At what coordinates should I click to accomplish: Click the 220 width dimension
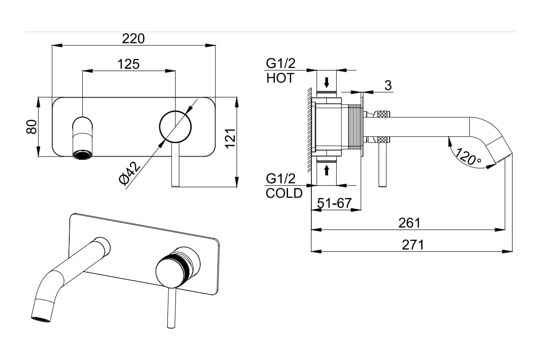[133, 39]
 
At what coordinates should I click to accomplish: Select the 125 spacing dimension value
[129, 64]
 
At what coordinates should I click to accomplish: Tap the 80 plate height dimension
[31, 127]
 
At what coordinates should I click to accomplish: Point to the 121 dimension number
[230, 139]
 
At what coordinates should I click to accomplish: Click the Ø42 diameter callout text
[130, 174]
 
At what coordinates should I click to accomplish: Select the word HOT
[280, 78]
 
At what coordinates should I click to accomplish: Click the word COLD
[284, 193]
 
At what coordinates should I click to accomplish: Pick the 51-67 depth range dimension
[334, 203]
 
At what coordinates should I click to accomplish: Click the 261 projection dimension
[409, 223]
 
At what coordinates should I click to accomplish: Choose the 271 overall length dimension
[413, 245]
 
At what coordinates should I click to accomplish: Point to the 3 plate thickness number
[388, 85]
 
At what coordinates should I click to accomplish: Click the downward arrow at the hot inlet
[327, 82]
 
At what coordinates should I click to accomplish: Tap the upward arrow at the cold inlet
[327, 170]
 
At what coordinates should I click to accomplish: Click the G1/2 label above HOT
[281, 63]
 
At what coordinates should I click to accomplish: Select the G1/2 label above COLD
[281, 179]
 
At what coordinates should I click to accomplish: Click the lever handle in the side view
[382, 164]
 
